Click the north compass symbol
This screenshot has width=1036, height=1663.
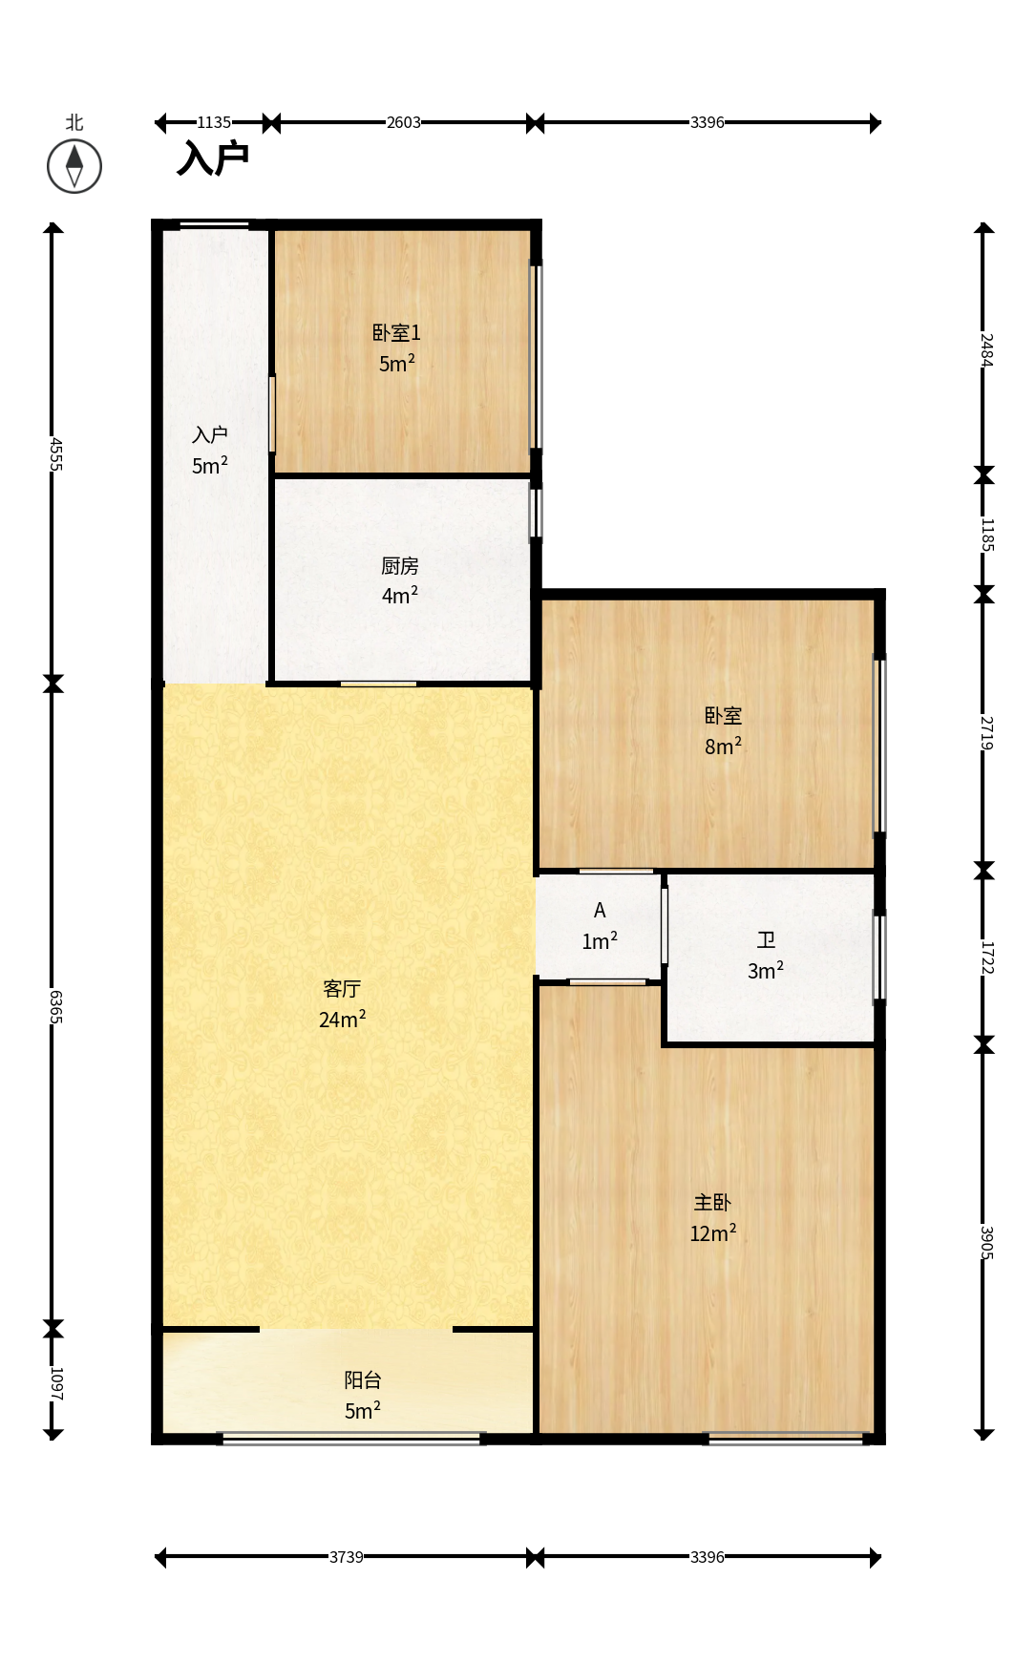[x=74, y=166]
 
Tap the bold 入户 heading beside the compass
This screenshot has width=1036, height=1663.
[x=213, y=158]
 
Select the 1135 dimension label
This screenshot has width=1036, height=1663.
[x=214, y=122]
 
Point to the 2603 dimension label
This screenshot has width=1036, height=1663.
[x=403, y=122]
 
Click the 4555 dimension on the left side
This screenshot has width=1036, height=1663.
[x=55, y=454]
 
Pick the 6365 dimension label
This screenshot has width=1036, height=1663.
[x=55, y=1006]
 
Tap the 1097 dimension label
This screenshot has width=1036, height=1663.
[x=55, y=1383]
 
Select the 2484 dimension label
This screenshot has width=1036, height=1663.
[x=986, y=349]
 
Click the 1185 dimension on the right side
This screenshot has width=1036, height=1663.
[x=986, y=535]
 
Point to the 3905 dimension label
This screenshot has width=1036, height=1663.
[x=986, y=1242]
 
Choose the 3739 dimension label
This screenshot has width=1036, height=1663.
[x=346, y=1557]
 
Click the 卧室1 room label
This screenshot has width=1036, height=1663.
[x=396, y=333]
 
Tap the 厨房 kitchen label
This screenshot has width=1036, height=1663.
[x=400, y=566]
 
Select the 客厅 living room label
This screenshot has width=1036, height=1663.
[x=342, y=989]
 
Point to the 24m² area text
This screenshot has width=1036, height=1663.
[x=343, y=1020]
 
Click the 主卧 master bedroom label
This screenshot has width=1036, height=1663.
[x=712, y=1203]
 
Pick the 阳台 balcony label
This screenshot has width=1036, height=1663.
[x=363, y=1380]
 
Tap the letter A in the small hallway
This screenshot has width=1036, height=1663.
[x=600, y=911]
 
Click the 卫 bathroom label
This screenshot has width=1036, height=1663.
[x=766, y=940]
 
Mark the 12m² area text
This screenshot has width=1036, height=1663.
[x=713, y=1233]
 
